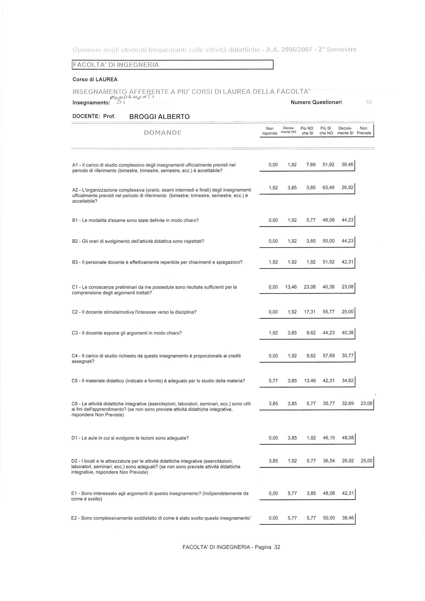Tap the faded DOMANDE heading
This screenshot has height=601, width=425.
163,133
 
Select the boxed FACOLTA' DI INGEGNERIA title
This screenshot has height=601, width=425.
116,65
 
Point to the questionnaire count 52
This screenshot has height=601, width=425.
369,102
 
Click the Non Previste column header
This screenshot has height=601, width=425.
364,130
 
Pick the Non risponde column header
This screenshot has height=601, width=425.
270,130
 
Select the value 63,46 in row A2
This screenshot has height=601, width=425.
329,188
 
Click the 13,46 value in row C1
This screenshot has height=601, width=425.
291,287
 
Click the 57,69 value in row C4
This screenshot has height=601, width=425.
329,356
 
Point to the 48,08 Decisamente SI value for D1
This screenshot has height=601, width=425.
348,438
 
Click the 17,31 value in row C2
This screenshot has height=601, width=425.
310,312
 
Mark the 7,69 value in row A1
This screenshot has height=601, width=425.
311,165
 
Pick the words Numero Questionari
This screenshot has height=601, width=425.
316,102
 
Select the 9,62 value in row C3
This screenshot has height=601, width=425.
311,333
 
